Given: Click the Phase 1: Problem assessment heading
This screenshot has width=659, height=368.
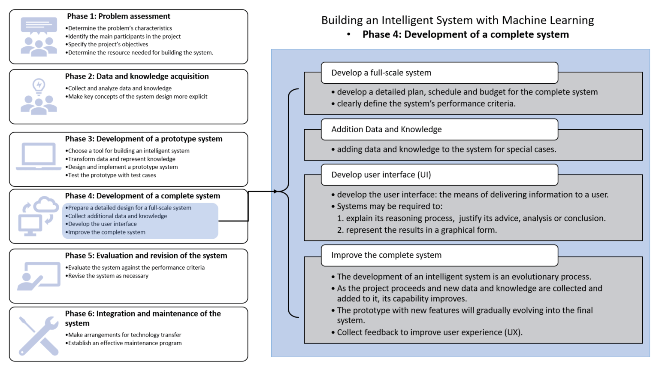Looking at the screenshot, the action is click(118, 16).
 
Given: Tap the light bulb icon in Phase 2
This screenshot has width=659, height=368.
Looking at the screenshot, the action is click(39, 87).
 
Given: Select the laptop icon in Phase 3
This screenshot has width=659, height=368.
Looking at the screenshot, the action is click(39, 156).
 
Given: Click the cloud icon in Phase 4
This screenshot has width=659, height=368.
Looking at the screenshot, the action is click(46, 204).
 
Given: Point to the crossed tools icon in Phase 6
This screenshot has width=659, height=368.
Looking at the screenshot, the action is click(39, 336).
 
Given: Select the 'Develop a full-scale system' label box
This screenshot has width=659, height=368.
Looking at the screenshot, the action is click(439, 73).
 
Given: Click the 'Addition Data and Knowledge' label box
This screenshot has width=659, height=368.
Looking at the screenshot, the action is click(439, 130).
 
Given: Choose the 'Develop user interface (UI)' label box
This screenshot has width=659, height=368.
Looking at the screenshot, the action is click(439, 175).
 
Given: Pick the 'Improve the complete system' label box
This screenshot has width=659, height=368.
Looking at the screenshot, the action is click(439, 255).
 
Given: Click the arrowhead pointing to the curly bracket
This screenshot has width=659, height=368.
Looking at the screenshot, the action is click(276, 192).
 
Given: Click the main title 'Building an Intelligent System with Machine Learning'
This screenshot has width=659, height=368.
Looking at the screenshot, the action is click(457, 20).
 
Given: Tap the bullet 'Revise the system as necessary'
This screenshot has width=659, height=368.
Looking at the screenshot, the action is click(107, 276).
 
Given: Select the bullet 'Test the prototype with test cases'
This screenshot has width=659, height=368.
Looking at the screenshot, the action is click(111, 175).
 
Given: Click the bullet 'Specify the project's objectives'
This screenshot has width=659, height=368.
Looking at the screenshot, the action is click(106, 45).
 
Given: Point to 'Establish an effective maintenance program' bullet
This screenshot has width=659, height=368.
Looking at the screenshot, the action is click(123, 343).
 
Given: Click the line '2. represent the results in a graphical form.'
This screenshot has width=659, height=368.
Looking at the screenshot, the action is click(417, 230).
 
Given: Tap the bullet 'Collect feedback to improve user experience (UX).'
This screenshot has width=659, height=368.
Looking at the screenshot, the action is click(427, 332).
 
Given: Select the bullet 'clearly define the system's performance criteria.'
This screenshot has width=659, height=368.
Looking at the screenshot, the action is click(423, 103).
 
